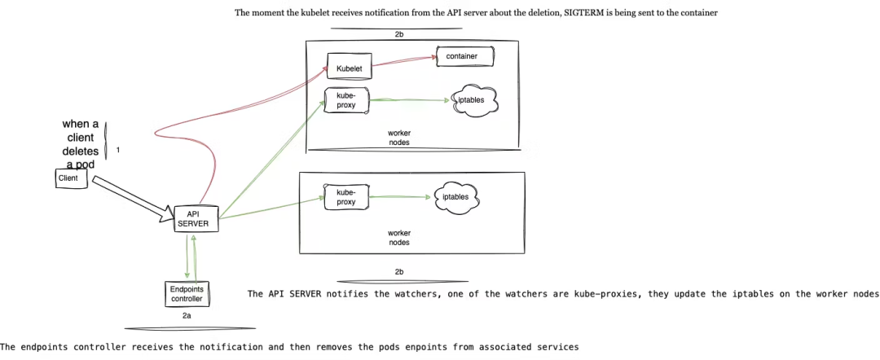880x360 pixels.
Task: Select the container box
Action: (x=465, y=56)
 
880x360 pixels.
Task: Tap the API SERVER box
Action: (x=196, y=218)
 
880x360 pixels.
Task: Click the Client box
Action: (x=72, y=178)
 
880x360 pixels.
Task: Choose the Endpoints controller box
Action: (x=186, y=293)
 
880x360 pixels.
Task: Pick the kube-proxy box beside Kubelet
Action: (x=346, y=100)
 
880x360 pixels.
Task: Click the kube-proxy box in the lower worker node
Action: (x=345, y=197)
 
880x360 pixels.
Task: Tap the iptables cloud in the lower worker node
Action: (x=455, y=197)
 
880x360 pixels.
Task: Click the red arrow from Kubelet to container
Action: (x=403, y=61)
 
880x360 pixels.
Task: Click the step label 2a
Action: (x=187, y=314)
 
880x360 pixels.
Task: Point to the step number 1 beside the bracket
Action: (x=118, y=151)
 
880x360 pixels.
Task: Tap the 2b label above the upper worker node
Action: (x=398, y=35)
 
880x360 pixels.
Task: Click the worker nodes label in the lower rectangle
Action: (x=398, y=237)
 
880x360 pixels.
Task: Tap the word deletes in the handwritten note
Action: (x=81, y=151)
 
